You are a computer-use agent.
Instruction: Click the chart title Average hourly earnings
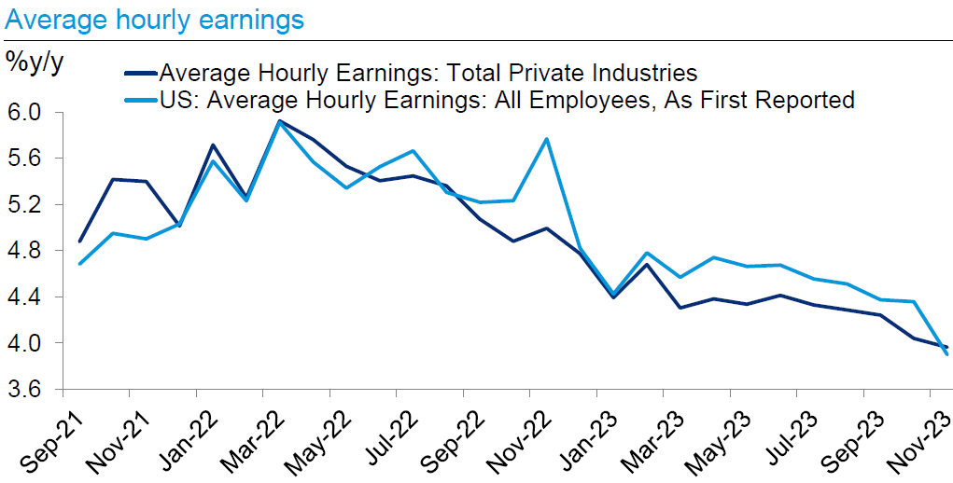(154, 19)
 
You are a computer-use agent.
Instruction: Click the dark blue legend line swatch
(140, 73)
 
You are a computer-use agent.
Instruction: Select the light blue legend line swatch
(140, 100)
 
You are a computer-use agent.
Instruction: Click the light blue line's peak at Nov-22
(546, 139)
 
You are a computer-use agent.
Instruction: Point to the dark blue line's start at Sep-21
(80, 241)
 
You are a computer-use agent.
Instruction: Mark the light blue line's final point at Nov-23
(947, 354)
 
